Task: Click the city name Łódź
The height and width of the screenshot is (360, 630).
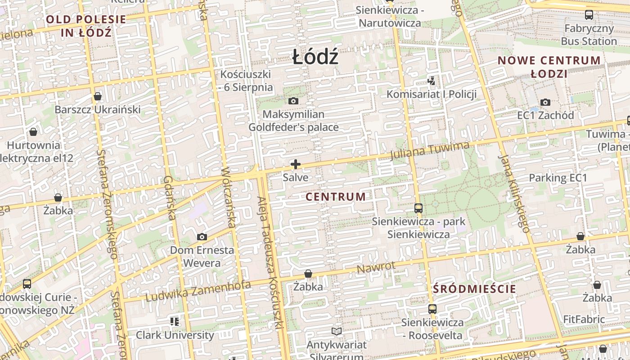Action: [x=315, y=57]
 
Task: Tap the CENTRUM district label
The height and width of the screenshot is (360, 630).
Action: [x=336, y=197]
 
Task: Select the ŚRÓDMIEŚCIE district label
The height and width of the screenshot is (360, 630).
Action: [x=475, y=289]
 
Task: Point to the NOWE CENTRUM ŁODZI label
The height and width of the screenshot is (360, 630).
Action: [x=549, y=67]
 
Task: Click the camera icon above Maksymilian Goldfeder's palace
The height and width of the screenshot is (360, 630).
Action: [x=293, y=101]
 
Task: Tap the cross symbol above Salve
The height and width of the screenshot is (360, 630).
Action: [x=296, y=164]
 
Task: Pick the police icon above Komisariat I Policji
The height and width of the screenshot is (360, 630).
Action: [x=432, y=81]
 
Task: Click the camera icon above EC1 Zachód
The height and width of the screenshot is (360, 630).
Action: [x=545, y=102]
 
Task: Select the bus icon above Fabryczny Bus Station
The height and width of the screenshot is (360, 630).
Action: [x=589, y=15]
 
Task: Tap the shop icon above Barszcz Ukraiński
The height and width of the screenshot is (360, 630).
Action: [x=98, y=96]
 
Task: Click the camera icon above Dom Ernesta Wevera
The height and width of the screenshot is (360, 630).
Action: [x=202, y=237]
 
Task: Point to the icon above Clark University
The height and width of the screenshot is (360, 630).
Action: [x=175, y=321]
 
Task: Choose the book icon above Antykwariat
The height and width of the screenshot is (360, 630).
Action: [x=337, y=332]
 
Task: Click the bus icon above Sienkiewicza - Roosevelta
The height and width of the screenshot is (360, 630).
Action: [x=432, y=309]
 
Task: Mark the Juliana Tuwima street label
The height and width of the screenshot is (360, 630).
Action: [x=430, y=151]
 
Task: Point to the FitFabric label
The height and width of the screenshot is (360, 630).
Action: [x=584, y=319]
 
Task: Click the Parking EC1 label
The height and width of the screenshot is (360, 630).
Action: [x=558, y=178]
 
